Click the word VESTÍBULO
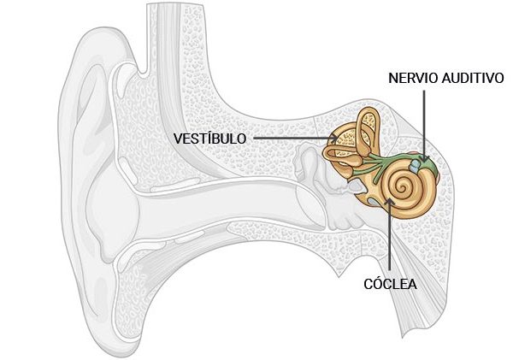tap(209, 138)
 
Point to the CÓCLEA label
tap(390, 284)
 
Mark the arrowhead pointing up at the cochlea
tap(391, 202)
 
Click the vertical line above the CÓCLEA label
tap(391, 244)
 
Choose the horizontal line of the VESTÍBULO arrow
tap(291, 138)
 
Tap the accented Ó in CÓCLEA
tap(377, 283)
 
